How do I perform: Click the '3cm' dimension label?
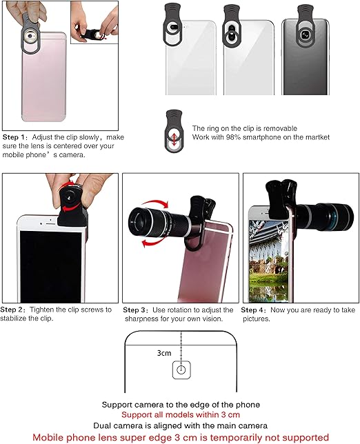pyautogui.click(x=163, y=353)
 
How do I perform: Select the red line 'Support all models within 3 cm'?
pyautogui.click(x=180, y=415)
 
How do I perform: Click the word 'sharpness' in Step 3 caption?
pyautogui.click(x=143, y=319)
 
